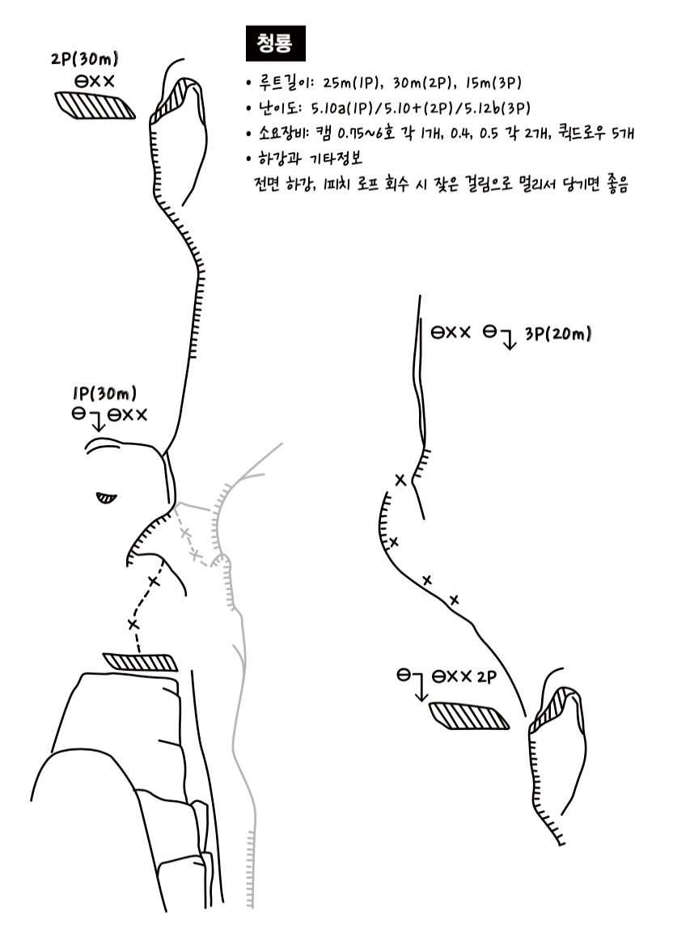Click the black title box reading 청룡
tap(275, 43)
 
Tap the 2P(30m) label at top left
tap(84, 59)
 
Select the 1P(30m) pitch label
tap(104, 393)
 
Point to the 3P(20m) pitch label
tap(558, 334)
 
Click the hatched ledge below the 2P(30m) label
tap(95, 106)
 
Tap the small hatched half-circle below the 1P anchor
tap(107, 498)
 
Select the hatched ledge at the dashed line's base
tap(141, 662)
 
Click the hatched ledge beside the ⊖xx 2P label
tap(468, 716)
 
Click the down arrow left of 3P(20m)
tap(507, 338)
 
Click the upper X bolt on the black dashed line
tap(154, 581)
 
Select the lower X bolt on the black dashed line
tap(133, 624)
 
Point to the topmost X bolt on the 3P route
tap(400, 480)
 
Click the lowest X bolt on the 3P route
tap(454, 600)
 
